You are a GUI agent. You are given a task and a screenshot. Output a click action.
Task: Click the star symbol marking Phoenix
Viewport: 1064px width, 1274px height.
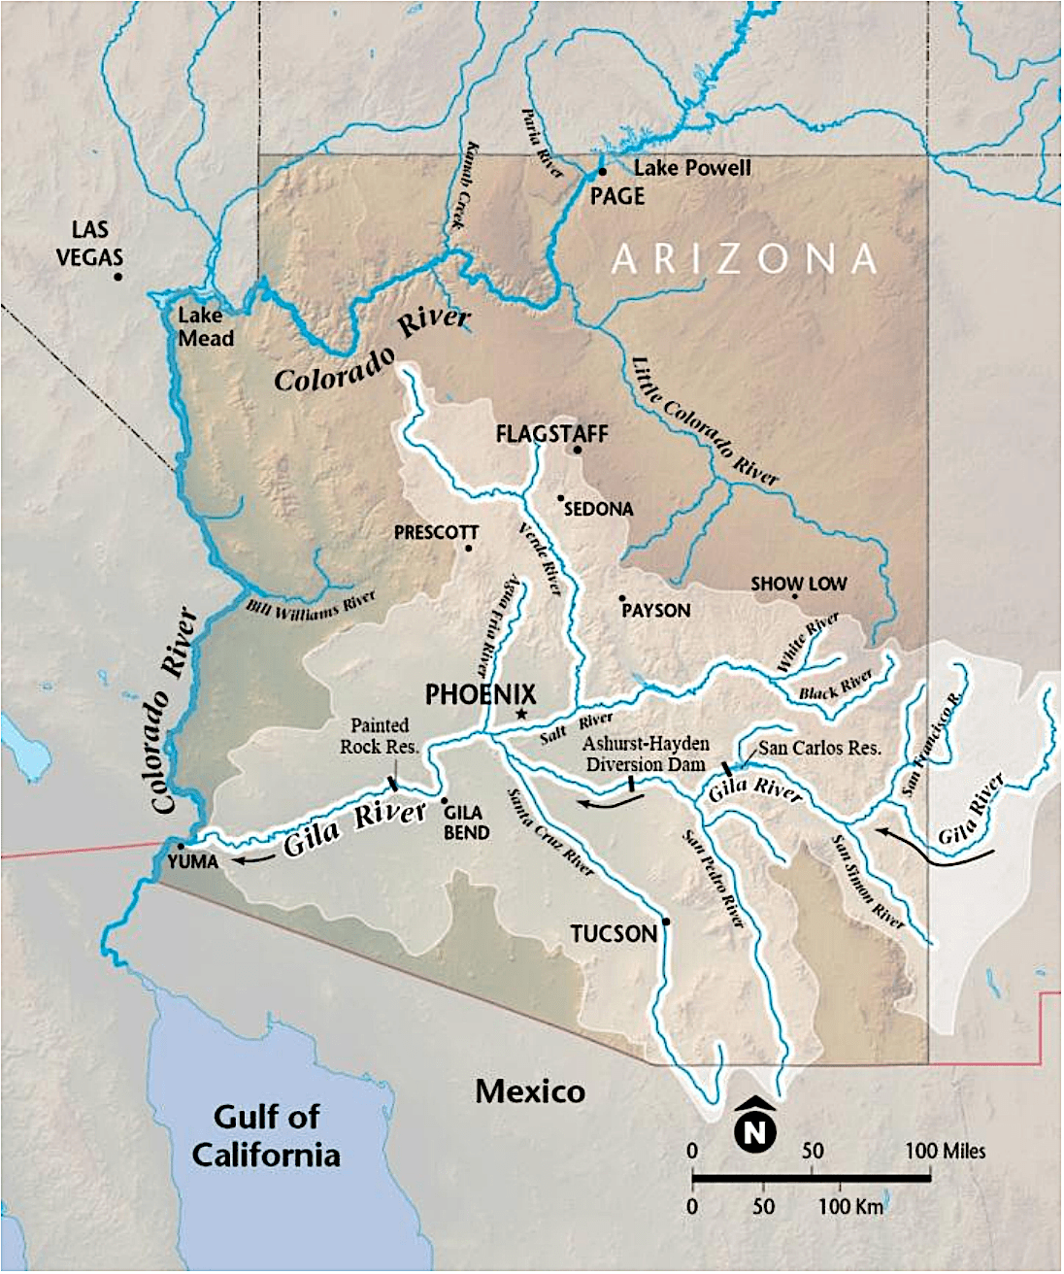(x=521, y=715)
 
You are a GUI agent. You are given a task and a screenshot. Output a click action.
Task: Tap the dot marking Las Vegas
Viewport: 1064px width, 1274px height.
(x=118, y=277)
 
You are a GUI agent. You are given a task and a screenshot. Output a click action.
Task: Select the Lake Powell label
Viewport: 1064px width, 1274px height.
(x=692, y=168)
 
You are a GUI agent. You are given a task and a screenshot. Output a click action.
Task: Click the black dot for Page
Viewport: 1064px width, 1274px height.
(x=603, y=172)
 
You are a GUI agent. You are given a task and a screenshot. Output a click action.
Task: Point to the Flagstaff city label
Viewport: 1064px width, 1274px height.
(x=551, y=433)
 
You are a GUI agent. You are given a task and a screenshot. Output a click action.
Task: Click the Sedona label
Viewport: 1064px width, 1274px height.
(x=598, y=509)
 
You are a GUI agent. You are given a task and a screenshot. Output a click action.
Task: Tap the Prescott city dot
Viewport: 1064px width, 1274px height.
(x=469, y=549)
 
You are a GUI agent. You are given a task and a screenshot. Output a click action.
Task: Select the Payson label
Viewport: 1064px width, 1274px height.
(x=656, y=611)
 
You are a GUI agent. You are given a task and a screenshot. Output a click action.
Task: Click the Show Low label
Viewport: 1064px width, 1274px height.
(x=798, y=584)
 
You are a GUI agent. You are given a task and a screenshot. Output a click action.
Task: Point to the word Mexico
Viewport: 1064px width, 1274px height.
(x=530, y=1091)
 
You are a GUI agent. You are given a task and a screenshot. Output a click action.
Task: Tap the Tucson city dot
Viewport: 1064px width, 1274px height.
(x=666, y=922)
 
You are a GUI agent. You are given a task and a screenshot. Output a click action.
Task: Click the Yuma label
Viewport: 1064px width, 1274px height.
(x=193, y=862)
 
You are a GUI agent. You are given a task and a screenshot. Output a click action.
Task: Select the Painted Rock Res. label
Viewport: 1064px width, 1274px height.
(x=379, y=736)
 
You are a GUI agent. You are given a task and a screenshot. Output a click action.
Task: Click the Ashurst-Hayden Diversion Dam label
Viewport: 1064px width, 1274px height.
(x=646, y=754)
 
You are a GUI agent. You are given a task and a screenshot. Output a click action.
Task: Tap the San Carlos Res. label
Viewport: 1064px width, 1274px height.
(x=819, y=748)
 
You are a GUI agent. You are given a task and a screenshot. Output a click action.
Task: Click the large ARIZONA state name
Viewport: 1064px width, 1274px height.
(x=745, y=259)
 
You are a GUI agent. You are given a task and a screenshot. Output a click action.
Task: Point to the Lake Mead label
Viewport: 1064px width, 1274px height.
(x=205, y=327)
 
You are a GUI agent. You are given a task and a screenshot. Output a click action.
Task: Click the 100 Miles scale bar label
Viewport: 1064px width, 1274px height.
(x=945, y=1152)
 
